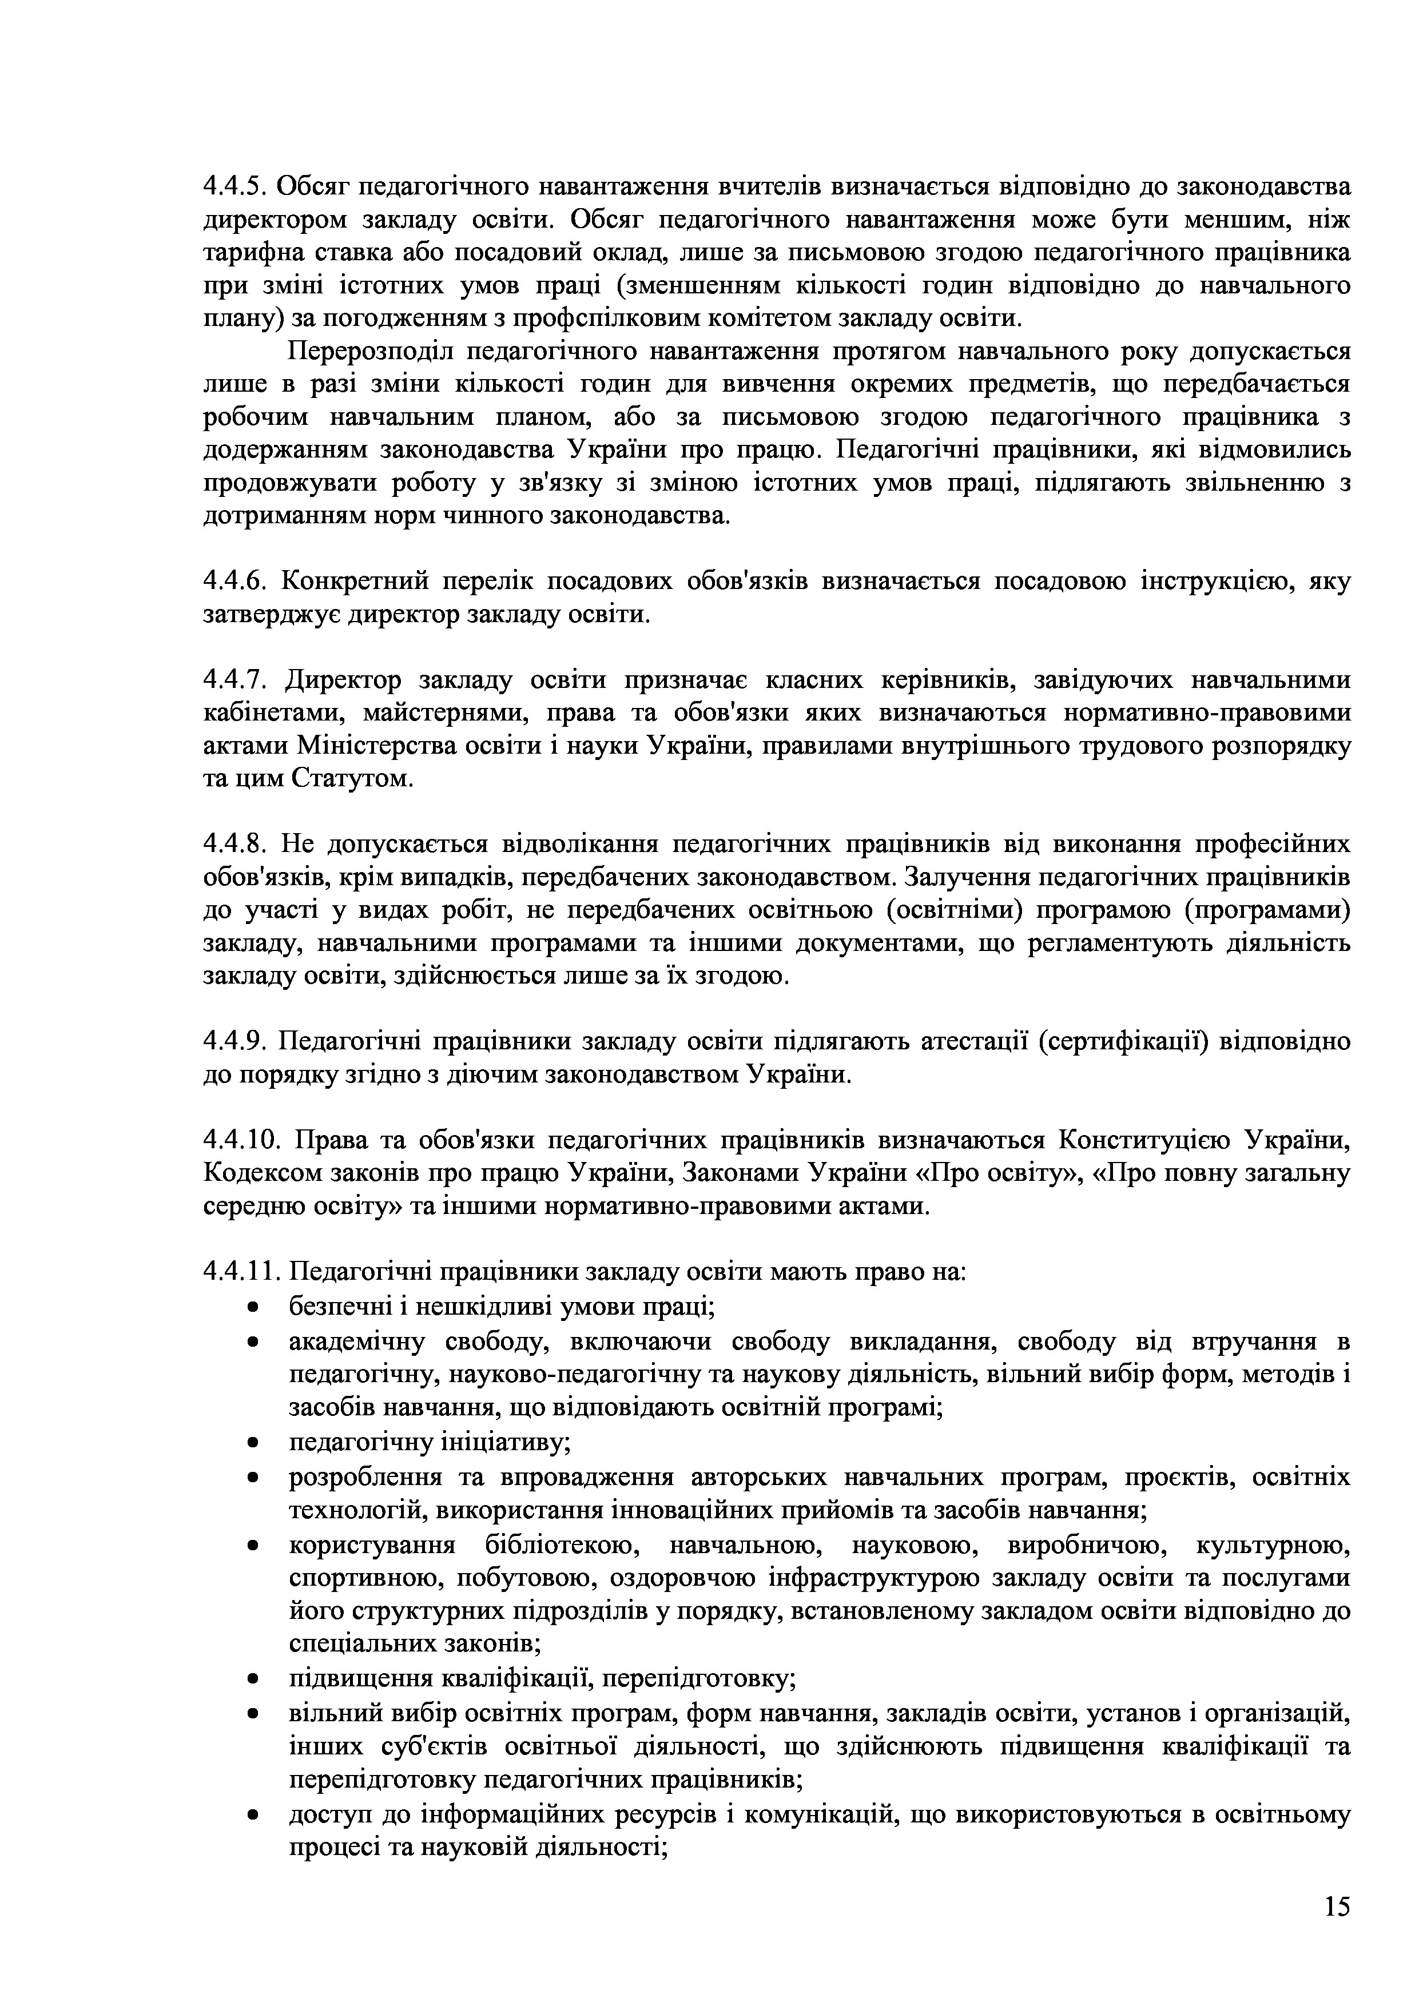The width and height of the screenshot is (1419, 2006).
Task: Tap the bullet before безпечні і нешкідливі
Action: point(253,1309)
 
